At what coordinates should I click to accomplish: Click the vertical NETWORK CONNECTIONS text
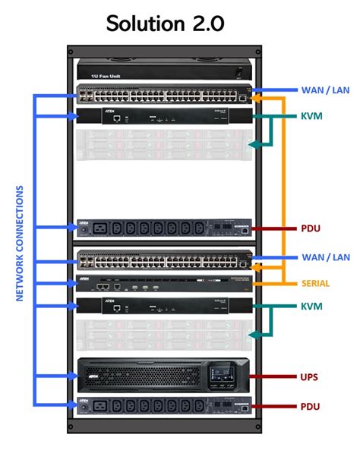21,244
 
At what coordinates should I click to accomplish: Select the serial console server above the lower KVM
164,285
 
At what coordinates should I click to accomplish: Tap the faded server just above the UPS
164,334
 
